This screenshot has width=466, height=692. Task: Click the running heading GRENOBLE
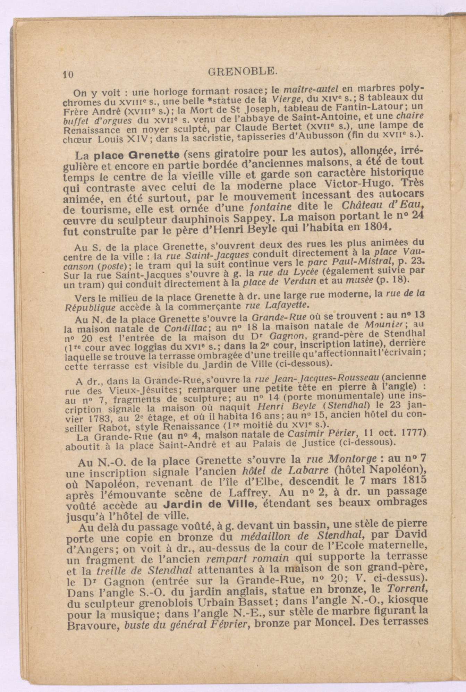pos(243,72)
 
